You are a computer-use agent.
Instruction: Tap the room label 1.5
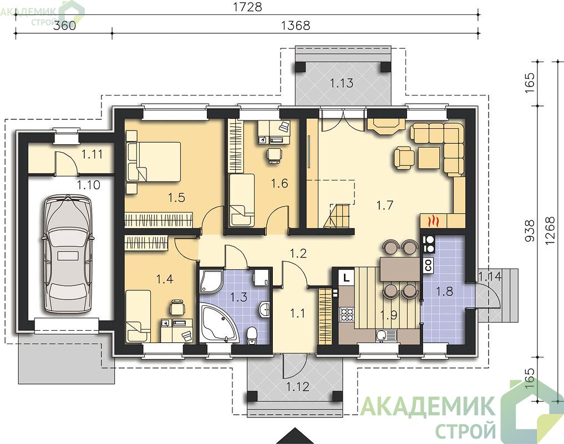click(x=176, y=198)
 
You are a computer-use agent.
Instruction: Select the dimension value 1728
click(x=247, y=7)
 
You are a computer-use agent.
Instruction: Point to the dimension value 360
click(x=65, y=26)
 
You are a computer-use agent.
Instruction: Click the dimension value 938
click(x=530, y=231)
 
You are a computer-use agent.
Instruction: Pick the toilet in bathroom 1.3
click(x=252, y=334)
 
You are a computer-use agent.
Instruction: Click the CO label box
click(x=428, y=265)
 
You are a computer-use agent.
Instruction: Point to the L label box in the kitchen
click(x=346, y=277)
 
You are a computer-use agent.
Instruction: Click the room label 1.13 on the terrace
click(x=342, y=83)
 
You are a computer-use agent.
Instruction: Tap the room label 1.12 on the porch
click(x=298, y=387)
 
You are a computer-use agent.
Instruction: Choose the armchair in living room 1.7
click(x=404, y=158)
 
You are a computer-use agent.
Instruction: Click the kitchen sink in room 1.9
click(x=386, y=335)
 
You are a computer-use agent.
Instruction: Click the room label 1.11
click(x=92, y=154)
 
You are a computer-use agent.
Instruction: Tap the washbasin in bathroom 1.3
click(x=265, y=309)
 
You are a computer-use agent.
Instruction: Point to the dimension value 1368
click(x=295, y=26)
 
